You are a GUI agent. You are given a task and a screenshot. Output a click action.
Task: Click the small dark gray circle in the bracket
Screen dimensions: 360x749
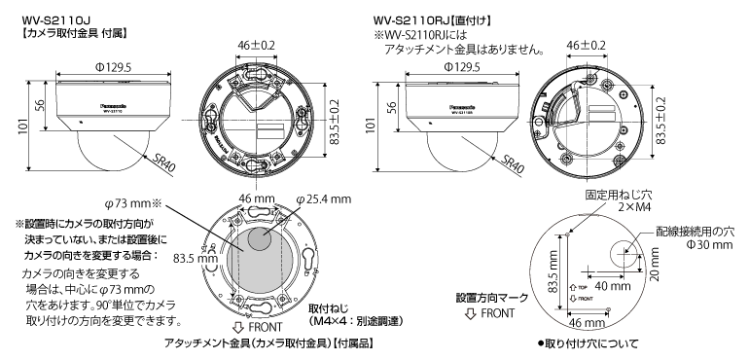[x=259, y=239]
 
